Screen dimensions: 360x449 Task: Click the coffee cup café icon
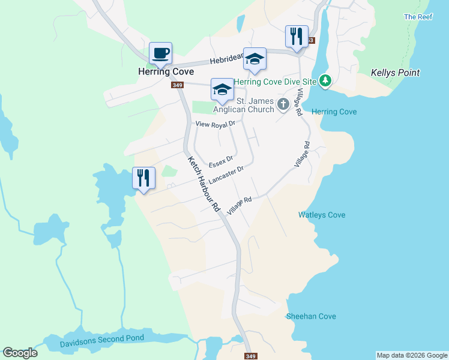161,53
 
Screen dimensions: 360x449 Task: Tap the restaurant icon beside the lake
143,178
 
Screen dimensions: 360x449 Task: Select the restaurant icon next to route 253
297,37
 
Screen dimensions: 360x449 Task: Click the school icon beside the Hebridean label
255,59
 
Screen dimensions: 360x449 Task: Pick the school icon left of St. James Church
222,90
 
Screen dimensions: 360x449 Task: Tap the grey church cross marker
283,105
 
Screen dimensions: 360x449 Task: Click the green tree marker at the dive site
325,80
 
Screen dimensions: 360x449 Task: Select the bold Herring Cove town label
165,71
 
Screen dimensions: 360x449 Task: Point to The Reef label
418,17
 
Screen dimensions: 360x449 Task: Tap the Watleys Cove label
322,215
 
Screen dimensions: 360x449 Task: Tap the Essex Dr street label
220,162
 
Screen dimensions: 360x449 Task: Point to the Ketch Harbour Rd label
205,184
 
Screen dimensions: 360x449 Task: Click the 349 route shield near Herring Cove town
177,85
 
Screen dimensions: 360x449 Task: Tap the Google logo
20,353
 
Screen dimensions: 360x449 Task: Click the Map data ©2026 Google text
412,355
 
